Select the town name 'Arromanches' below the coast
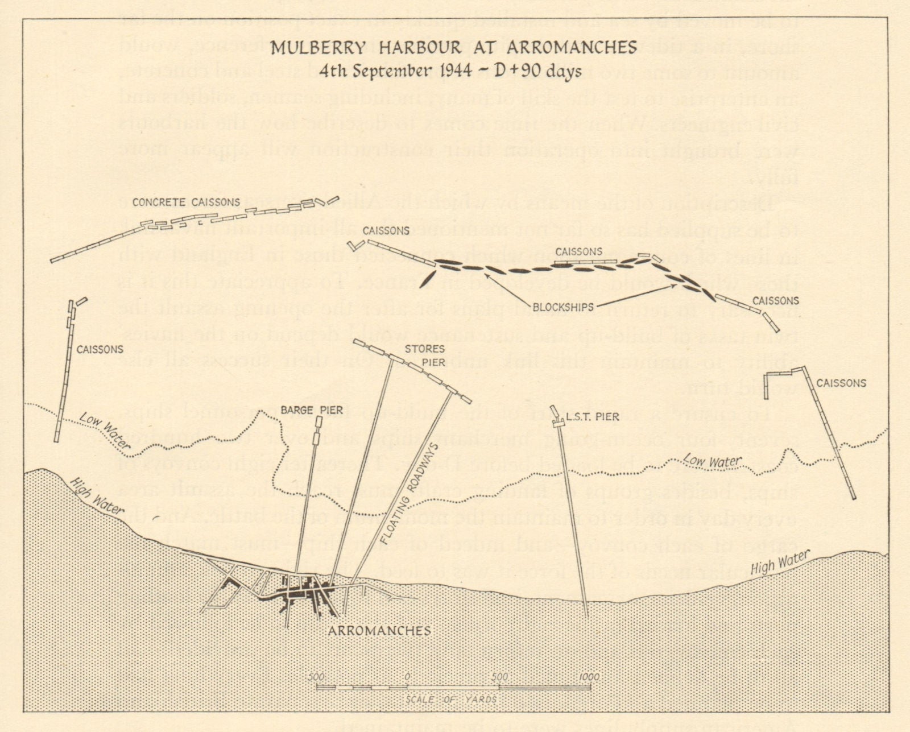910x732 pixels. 379,630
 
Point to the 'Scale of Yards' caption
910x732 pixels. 452,700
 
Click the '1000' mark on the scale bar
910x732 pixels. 589,677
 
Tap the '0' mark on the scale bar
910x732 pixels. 407,677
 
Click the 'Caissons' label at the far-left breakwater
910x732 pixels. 100,349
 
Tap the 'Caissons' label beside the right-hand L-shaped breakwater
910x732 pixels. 841,383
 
